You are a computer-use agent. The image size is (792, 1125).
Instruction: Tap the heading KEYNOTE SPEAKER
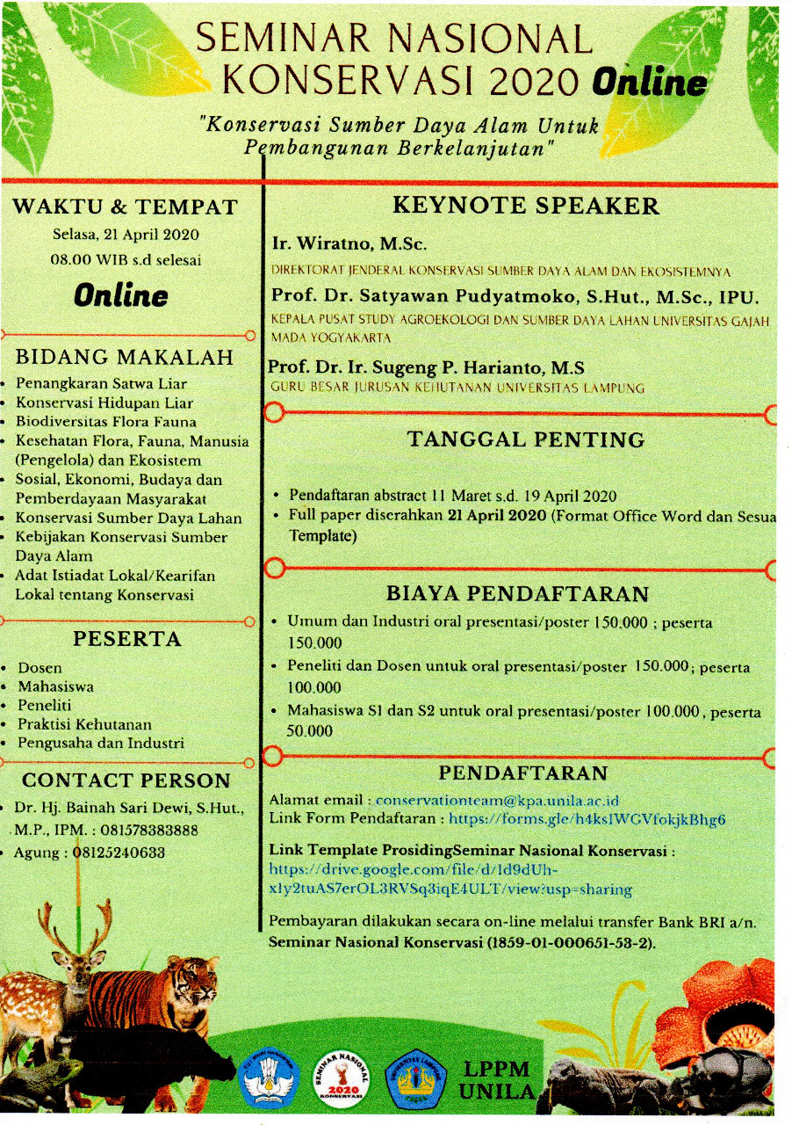coord(525,207)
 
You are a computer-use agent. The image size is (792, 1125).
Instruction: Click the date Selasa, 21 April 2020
coord(125,235)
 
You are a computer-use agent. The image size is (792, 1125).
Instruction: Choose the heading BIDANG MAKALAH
coord(125,357)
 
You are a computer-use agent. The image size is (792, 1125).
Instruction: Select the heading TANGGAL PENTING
coord(526,439)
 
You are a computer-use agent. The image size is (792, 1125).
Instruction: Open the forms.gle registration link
coord(587,819)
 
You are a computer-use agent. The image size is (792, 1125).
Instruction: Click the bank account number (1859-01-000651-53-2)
coord(576,942)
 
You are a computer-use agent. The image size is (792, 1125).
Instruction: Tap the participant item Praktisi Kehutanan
coord(84,724)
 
